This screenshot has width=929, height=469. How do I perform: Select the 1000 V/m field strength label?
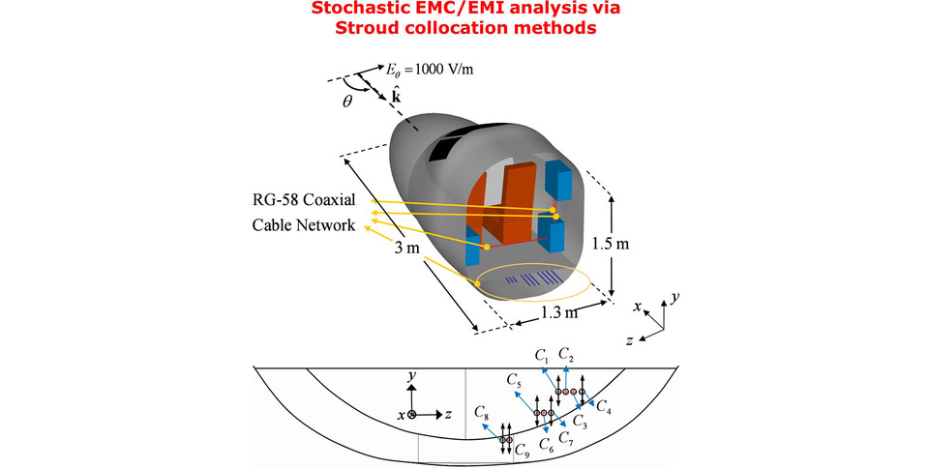pos(444,69)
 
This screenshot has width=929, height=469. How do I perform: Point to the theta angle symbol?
pos(347,102)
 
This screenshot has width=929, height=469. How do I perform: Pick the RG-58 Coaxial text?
pos(304,199)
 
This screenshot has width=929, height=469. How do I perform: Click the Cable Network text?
pos(304,225)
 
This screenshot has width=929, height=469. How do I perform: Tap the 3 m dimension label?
pos(407,248)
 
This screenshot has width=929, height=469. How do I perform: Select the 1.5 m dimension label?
pos(611,244)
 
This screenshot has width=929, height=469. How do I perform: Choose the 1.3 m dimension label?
pos(558,312)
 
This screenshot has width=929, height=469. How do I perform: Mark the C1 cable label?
pos(543,356)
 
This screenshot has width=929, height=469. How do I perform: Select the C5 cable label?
pos(514,380)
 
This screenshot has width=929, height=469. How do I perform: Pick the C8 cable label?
pos(482,412)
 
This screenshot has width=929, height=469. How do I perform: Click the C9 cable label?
pos(522,450)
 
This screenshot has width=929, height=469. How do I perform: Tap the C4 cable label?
pos(604,406)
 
